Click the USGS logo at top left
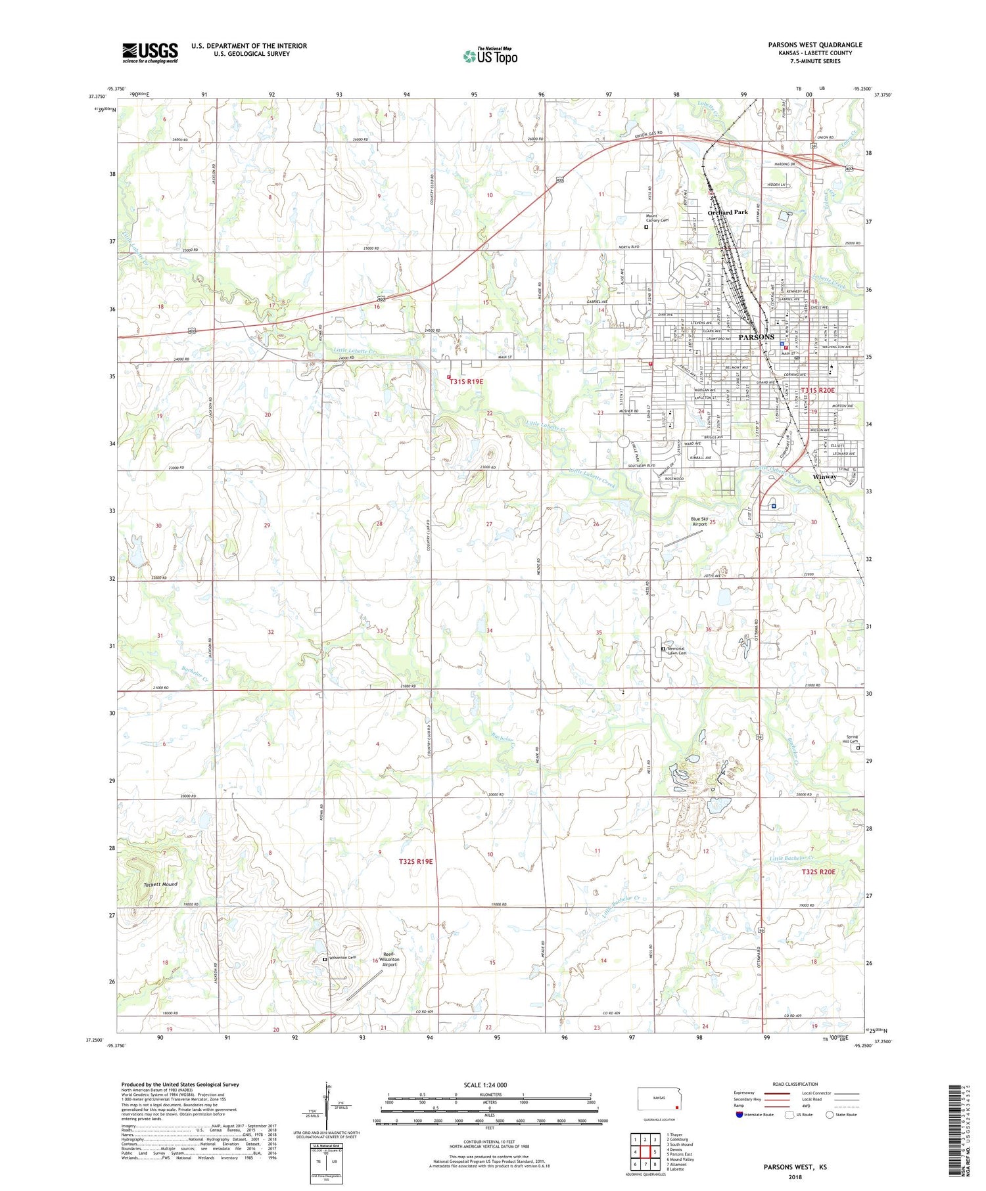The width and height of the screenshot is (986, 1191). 150,53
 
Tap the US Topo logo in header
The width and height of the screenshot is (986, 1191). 490,56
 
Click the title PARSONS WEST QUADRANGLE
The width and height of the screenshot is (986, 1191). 814,45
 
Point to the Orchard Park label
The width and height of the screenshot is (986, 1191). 728,212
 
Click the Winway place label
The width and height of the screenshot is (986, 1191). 825,476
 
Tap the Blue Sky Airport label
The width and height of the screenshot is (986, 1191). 699,522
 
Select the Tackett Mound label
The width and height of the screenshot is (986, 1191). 160,884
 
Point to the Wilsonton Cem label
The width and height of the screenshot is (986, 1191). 342,958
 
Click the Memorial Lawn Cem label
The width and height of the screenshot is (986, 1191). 677,651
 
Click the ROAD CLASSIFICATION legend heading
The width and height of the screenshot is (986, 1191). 795,1084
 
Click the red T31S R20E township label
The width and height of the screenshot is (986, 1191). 817,390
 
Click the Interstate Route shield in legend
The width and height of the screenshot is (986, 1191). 739,1115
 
